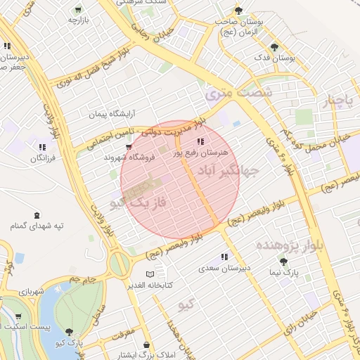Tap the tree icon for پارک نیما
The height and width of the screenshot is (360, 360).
283,261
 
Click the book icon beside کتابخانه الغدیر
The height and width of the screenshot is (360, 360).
149,274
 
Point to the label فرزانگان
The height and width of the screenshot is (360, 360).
42,159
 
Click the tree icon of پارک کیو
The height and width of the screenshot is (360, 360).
69,332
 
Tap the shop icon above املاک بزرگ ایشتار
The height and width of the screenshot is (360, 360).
146,345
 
